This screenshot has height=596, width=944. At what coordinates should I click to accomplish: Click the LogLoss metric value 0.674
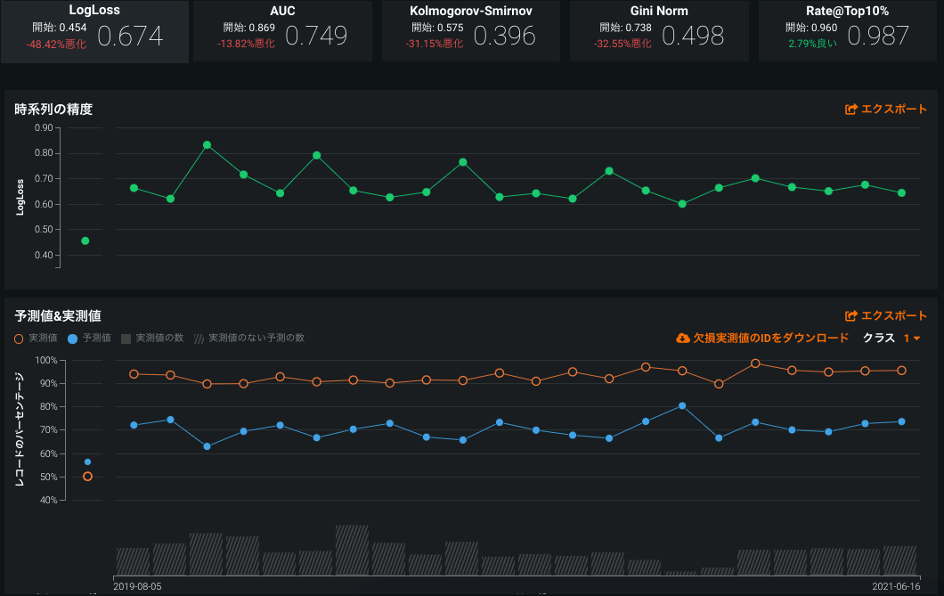(x=130, y=36)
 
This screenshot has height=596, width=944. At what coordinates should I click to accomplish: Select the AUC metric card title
(x=282, y=11)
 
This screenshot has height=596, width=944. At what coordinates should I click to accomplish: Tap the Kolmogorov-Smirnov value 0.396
(x=504, y=36)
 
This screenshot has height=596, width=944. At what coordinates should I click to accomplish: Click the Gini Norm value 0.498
(x=692, y=36)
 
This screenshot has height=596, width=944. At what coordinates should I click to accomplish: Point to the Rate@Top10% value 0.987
(x=878, y=36)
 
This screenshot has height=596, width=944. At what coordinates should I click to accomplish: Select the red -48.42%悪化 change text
(x=56, y=44)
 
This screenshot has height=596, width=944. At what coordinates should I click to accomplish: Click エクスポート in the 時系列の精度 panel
(x=886, y=110)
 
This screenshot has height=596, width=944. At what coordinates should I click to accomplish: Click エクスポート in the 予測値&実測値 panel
(x=886, y=315)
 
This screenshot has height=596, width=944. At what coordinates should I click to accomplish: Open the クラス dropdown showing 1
(x=910, y=339)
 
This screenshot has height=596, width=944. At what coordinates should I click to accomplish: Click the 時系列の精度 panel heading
(x=53, y=110)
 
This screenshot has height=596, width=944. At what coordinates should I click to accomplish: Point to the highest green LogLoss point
(x=207, y=145)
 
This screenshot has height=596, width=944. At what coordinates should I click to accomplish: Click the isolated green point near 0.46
(x=85, y=241)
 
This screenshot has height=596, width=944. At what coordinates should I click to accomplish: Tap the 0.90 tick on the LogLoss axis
(x=44, y=127)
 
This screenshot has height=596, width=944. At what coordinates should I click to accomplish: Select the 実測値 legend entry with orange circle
(x=37, y=339)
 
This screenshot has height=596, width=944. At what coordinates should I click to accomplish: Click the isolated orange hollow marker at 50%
(x=87, y=477)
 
